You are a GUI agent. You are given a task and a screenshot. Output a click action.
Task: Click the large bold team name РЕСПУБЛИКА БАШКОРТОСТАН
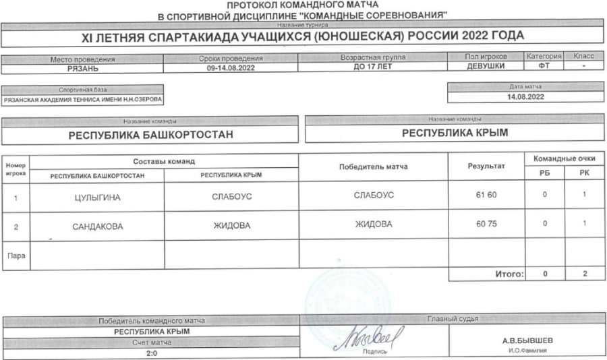[x=151, y=135]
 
